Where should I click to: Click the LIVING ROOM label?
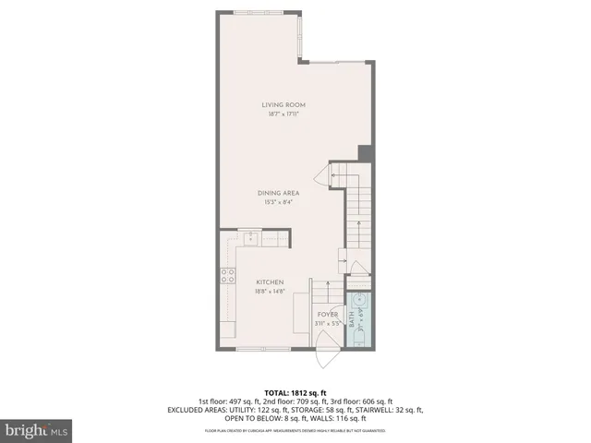(x=283, y=104)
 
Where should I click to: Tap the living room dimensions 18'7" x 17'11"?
(x=283, y=114)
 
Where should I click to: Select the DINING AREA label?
(x=278, y=193)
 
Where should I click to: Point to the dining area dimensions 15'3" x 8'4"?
(x=278, y=202)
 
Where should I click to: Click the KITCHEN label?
(x=270, y=281)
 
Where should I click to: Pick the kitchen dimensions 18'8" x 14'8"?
(x=270, y=292)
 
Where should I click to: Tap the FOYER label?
(x=328, y=315)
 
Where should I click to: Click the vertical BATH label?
(x=352, y=319)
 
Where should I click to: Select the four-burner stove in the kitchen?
(x=226, y=274)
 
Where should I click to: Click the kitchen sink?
(x=250, y=238)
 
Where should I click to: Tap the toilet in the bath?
(x=360, y=341)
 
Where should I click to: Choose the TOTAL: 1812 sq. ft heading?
(x=295, y=391)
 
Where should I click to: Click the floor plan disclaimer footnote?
(x=295, y=431)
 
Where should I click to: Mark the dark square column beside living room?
(x=365, y=153)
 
